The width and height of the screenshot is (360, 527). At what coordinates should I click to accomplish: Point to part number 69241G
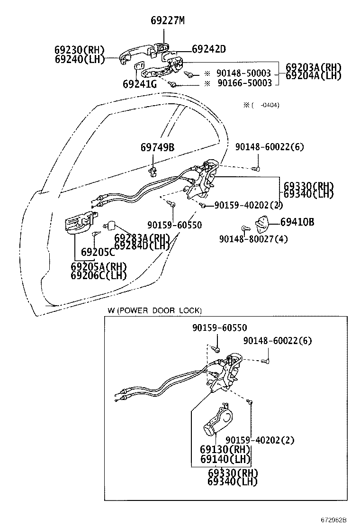coord(139,84)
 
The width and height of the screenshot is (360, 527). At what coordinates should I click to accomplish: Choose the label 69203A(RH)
coord(314,67)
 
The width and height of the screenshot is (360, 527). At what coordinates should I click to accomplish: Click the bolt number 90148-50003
coord(243,73)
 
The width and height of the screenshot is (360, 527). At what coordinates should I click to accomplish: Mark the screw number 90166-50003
coord(243,83)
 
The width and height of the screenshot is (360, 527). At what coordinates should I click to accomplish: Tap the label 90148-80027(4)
coord(253,239)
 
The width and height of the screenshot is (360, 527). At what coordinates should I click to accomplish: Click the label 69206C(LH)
coord(99,275)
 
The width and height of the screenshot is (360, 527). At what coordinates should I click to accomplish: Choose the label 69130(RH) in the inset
coord(225,450)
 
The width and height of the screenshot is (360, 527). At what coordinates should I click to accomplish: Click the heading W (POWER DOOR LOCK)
coord(154,311)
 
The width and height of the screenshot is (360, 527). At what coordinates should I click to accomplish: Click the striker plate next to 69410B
coord(261,222)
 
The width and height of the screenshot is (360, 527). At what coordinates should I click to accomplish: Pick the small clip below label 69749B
coord(153,169)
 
